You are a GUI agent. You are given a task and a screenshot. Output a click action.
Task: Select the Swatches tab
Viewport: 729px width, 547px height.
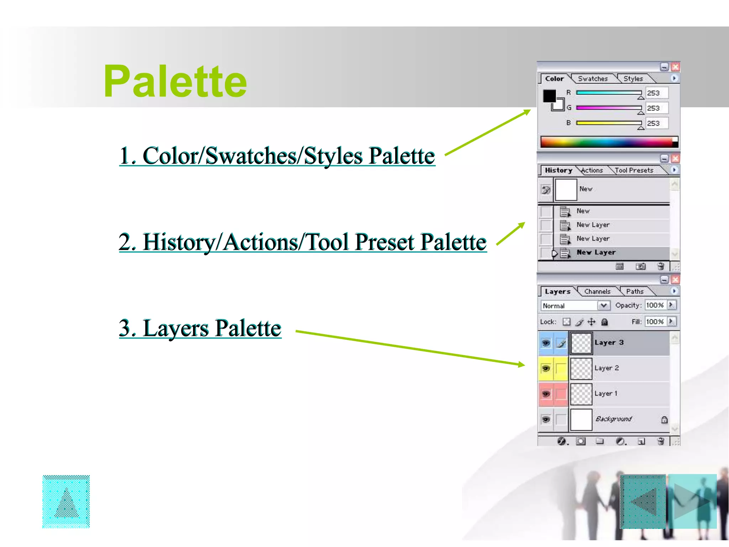593,79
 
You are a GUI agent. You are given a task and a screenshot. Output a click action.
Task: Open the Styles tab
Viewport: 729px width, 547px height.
633,79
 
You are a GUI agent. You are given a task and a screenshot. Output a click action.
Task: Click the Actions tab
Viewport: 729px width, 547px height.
592,171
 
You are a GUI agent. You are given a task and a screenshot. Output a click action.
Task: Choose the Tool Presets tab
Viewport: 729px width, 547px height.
634,171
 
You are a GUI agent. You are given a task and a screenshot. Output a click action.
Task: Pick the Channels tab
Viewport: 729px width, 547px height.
597,292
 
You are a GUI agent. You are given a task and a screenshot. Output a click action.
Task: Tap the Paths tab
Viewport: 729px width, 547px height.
635,292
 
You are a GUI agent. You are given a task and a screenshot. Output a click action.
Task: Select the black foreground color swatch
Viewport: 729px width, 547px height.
549,96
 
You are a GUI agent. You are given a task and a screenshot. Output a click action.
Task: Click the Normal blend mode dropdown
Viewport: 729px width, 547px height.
575,306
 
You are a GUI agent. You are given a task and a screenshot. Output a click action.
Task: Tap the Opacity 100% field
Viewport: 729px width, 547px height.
656,305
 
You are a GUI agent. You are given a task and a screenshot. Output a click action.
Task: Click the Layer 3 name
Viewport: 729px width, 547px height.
609,343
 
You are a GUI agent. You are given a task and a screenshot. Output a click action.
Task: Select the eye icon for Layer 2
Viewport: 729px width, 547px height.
546,368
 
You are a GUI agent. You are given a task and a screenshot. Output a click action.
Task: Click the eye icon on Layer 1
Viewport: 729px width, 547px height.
546,394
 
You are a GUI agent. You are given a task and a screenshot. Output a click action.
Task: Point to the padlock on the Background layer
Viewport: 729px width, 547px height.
664,420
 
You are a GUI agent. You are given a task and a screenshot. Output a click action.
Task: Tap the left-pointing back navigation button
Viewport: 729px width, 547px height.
643,501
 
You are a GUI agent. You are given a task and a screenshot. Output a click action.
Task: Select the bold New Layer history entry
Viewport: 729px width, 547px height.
596,252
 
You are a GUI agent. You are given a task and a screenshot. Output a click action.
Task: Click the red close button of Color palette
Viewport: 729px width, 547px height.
675,67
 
